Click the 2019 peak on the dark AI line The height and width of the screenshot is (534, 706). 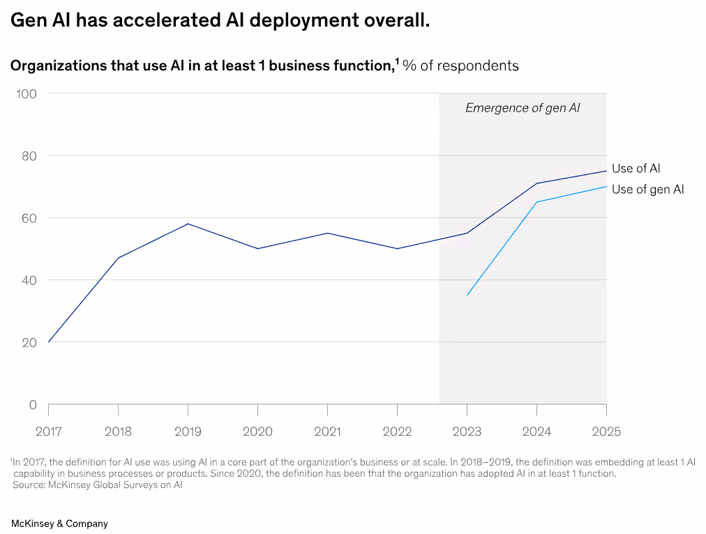188,224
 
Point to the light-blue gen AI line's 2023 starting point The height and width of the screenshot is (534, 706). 467,295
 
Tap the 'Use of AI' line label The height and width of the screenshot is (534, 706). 636,168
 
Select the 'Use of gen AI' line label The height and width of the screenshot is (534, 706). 647,189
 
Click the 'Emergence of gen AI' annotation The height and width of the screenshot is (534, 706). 523,108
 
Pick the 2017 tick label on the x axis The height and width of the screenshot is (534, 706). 48,432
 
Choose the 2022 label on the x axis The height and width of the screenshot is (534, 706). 397,432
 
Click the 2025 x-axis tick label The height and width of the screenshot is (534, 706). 606,432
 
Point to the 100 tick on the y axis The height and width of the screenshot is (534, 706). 27,93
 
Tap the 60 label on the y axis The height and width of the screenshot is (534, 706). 28,218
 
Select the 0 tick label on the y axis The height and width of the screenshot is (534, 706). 32,404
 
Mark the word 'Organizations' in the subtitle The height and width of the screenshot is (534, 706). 53,66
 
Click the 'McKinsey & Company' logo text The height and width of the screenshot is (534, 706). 59,523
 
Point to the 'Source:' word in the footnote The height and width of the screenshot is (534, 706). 28,485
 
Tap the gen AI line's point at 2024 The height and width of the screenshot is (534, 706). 536,202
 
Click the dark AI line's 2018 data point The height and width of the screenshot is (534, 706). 118,258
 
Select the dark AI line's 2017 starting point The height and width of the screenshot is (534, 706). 48,342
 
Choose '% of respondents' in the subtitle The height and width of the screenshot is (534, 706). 461,66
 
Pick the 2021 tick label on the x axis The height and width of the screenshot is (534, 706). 327,432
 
